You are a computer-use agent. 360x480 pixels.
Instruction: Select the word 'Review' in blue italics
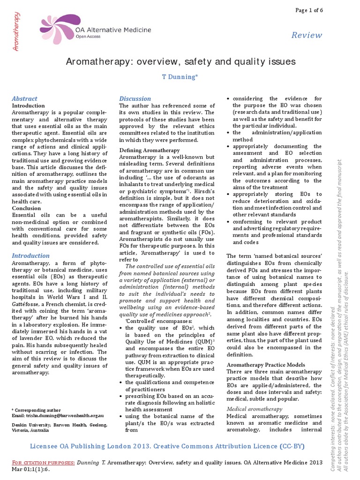(x=307, y=35)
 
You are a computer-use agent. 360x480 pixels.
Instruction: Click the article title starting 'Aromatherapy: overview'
(x=180, y=61)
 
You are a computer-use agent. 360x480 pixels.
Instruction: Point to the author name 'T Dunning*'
(x=180, y=77)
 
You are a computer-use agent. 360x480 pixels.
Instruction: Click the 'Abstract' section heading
(x=24, y=98)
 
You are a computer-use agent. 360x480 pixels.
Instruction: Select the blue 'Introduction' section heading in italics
(x=30, y=255)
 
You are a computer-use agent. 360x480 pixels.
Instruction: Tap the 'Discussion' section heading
(x=135, y=98)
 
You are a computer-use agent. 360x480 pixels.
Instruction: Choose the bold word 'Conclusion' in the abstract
(x=26, y=208)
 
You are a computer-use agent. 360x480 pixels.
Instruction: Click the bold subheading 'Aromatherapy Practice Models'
(x=265, y=365)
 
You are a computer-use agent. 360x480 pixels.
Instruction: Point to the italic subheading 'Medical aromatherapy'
(x=254, y=409)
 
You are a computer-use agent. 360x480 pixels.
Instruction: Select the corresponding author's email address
(x=58, y=415)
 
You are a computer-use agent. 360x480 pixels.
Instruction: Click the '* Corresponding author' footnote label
(x=32, y=410)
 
